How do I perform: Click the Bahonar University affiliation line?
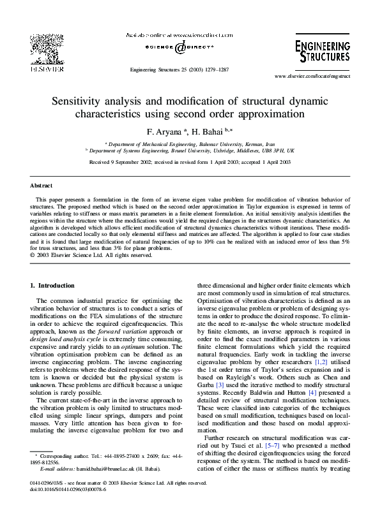(190, 145)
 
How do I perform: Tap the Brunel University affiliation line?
(190, 151)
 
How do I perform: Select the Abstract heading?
(42, 186)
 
